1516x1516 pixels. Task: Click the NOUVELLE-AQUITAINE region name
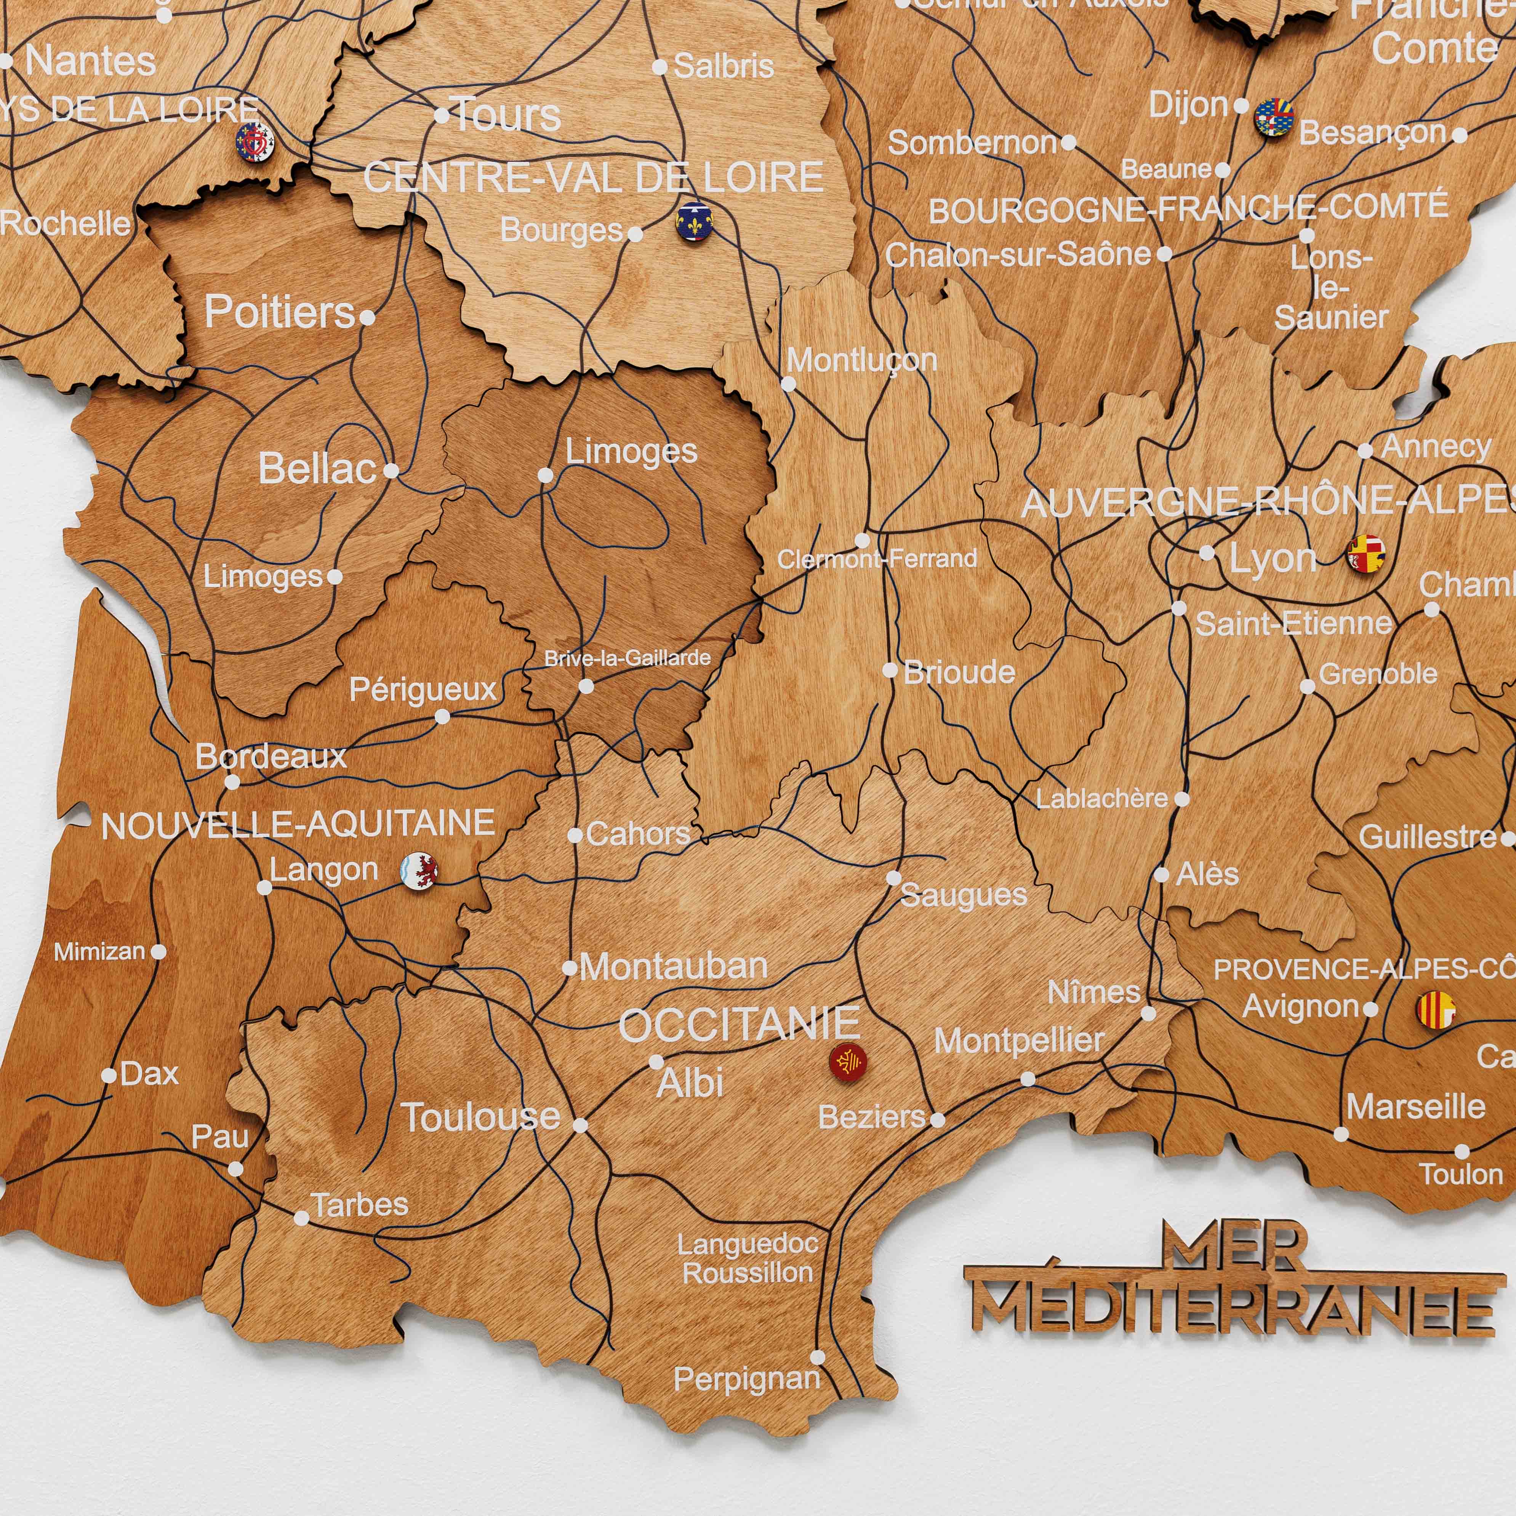tap(298, 825)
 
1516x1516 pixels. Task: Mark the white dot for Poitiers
tap(367, 318)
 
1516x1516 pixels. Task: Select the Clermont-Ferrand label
tap(876, 559)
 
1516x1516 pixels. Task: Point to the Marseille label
tap(1415, 1106)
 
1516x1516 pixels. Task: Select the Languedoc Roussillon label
tap(747, 1258)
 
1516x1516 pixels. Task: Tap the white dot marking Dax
tap(109, 1075)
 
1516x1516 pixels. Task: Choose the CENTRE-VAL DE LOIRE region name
tap(593, 177)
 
